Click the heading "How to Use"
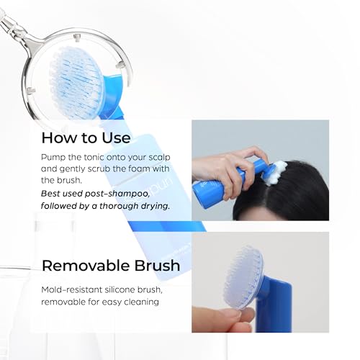[x=86, y=138]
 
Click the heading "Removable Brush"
[x=110, y=265]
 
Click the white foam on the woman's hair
[x=276, y=174]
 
